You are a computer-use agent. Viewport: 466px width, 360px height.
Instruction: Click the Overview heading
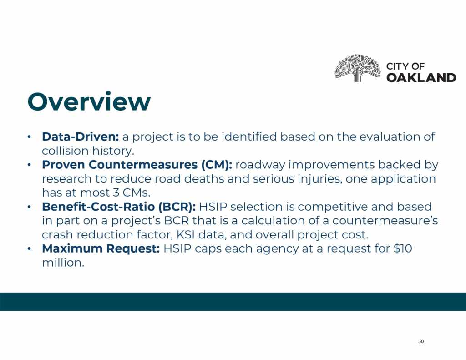(89, 101)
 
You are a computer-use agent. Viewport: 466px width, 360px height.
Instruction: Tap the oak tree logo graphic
(358, 68)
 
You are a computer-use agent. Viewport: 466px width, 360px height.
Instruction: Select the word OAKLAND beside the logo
(421, 77)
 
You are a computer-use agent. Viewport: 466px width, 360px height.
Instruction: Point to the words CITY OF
(405, 66)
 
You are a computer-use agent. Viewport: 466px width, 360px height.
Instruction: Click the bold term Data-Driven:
(81, 137)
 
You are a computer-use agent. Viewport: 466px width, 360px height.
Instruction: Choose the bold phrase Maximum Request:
(101, 248)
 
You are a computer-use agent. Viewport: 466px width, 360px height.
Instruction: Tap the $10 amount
(403, 248)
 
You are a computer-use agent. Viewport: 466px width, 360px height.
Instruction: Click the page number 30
(421, 341)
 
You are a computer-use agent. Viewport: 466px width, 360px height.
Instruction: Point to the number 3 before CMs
(116, 193)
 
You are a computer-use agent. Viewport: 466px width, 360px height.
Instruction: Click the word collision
(65, 151)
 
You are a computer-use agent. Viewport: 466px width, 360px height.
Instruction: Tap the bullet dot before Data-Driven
(29, 137)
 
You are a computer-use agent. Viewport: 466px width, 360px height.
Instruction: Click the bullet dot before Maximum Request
(29, 249)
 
